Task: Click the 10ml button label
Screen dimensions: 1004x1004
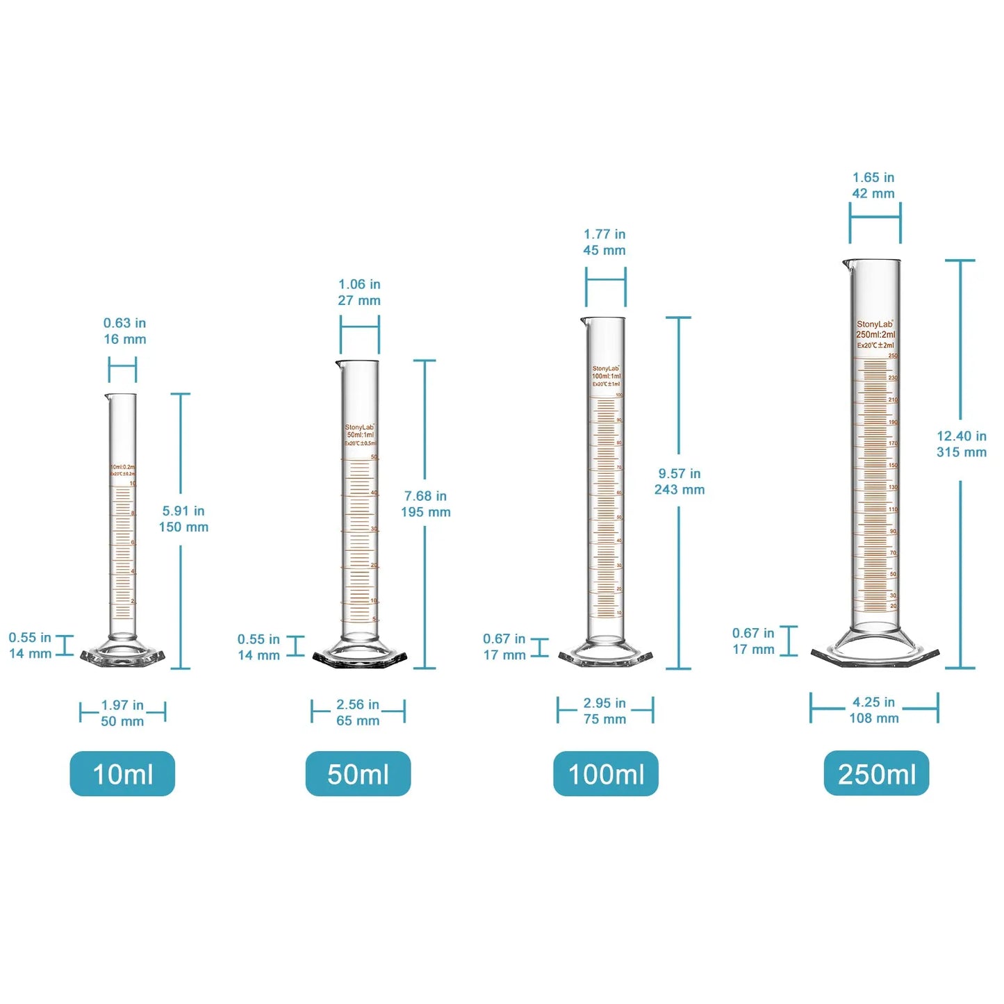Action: (x=122, y=773)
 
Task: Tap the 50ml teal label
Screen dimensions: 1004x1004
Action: (x=358, y=773)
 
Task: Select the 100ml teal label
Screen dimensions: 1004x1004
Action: (x=606, y=773)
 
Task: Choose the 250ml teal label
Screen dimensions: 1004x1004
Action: (x=876, y=773)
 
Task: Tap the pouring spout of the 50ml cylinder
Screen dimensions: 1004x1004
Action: (x=338, y=363)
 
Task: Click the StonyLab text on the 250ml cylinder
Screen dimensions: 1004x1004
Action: (x=874, y=324)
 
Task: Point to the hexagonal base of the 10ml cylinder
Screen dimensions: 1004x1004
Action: (x=122, y=657)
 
